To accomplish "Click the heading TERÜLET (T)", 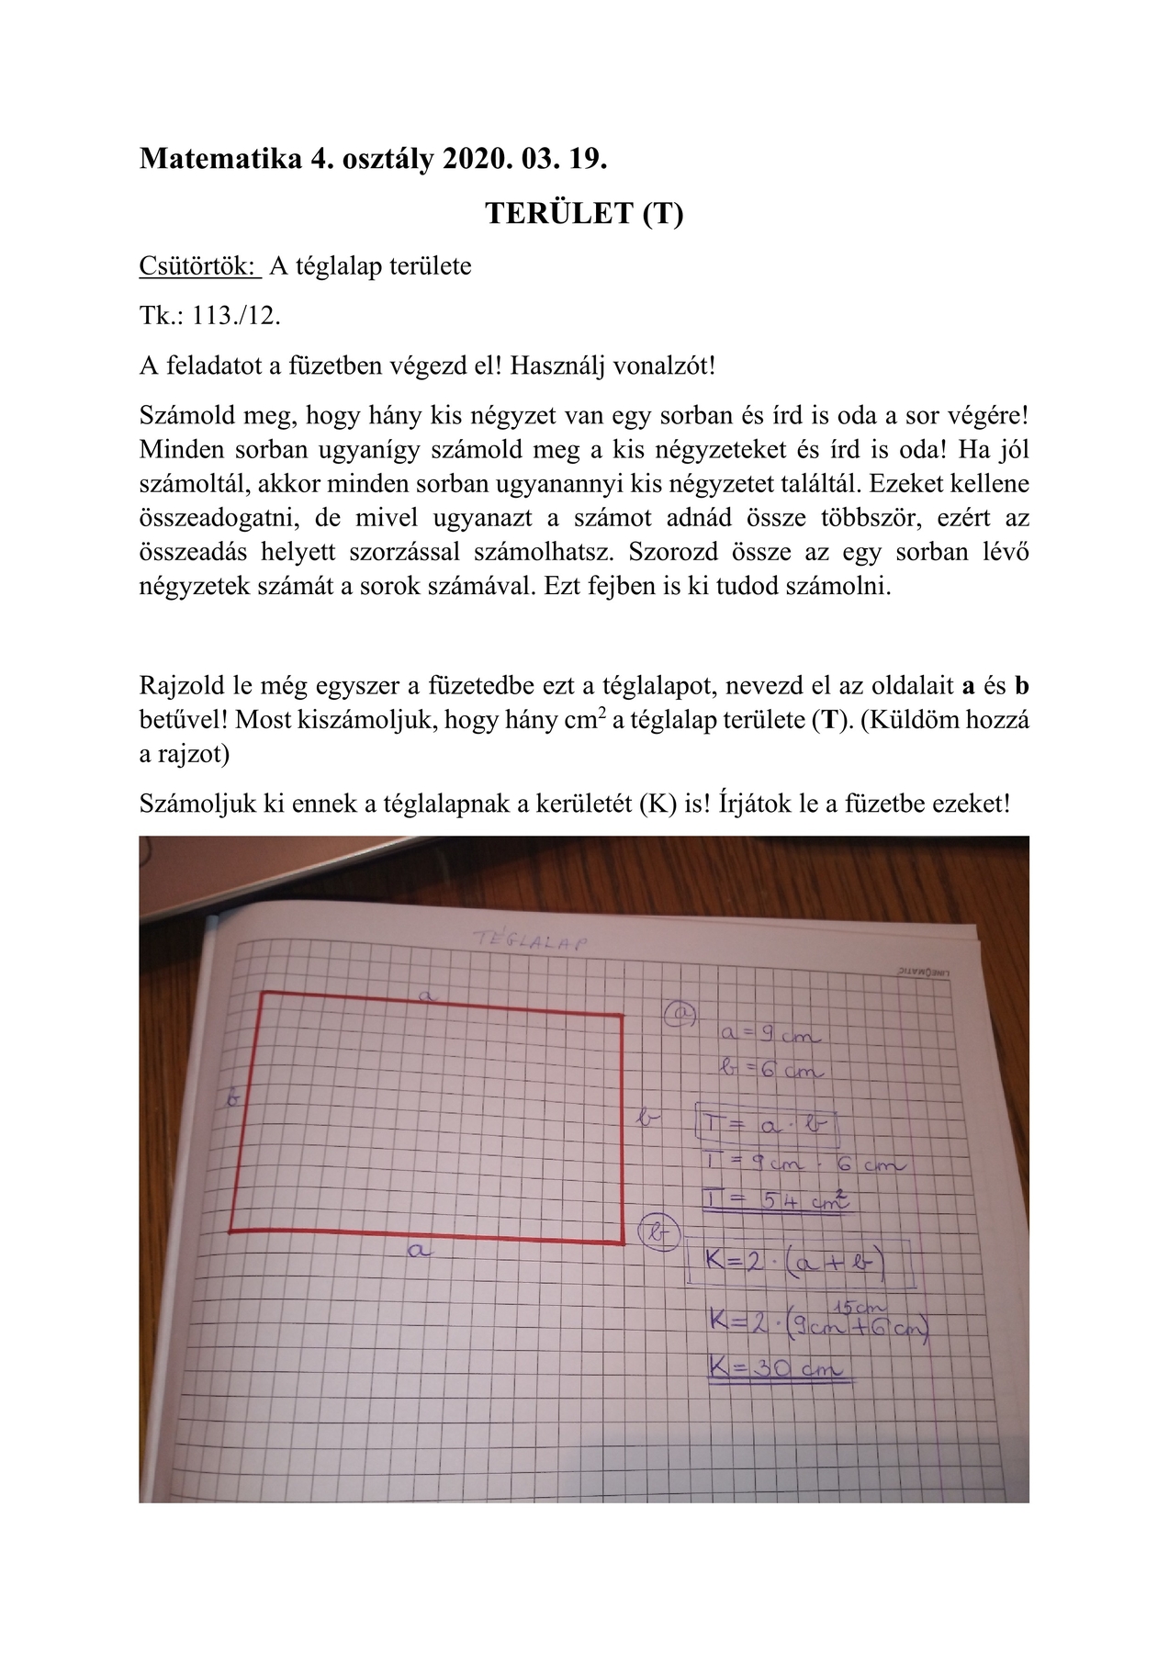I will (584, 213).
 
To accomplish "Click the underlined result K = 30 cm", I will (776, 1368).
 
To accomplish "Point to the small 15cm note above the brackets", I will (858, 1307).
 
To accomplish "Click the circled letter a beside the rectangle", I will (680, 1013).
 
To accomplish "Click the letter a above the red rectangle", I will (425, 995).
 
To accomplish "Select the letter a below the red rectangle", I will (418, 1249).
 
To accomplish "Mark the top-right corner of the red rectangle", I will (622, 1016).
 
